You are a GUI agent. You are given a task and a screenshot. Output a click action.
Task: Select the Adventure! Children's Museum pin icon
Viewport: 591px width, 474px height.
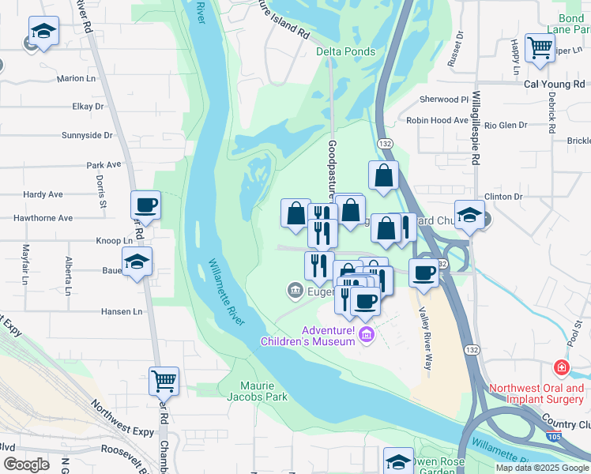[366, 336]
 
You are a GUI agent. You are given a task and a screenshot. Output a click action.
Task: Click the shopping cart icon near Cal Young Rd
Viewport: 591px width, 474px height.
[540, 47]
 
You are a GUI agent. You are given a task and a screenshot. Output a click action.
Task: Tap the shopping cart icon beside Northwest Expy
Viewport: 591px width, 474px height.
[164, 381]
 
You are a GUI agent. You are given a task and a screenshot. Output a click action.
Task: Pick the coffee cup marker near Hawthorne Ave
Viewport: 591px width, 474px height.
[146, 205]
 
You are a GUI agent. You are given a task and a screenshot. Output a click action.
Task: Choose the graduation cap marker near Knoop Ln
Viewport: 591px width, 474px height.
[137, 261]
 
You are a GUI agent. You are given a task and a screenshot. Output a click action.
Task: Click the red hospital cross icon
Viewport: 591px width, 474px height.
[561, 369]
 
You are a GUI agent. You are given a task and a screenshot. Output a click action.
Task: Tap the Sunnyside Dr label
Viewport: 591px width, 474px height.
[87, 135]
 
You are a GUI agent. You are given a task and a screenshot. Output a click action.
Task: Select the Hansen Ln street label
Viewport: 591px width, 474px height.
[121, 311]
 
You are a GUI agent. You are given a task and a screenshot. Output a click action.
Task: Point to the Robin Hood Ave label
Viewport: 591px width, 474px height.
[437, 120]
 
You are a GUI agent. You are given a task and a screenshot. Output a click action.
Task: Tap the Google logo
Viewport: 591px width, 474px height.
[25, 465]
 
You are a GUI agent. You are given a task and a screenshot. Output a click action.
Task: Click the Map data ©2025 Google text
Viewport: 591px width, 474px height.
[541, 468]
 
